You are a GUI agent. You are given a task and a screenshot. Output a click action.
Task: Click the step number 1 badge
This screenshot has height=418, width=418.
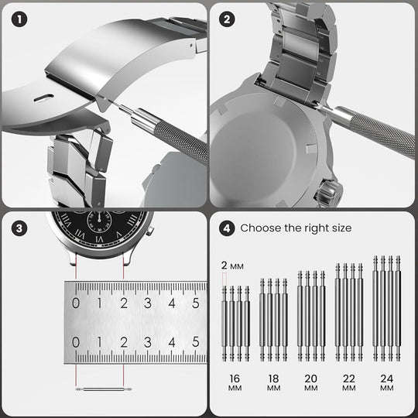pos(19,19)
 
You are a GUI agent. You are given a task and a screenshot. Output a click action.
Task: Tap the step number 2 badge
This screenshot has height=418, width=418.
pos(227,19)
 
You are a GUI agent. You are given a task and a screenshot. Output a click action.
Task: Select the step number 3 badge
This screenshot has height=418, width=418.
pos(19,228)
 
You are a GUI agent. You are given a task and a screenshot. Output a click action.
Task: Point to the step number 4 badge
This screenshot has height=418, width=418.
pos(227,228)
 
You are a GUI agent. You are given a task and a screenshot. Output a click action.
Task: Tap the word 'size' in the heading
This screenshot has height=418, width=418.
pos(342,228)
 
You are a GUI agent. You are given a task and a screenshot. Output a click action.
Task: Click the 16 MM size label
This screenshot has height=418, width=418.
pos(235,382)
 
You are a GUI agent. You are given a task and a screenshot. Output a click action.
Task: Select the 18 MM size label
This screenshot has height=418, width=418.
pos(273,382)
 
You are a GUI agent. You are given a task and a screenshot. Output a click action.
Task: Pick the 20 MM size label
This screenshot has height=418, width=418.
pos(311,382)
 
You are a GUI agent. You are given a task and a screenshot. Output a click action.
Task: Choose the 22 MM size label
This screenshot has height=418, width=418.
pos(348,382)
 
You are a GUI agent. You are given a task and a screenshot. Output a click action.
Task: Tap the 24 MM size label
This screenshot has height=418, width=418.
pos(387,382)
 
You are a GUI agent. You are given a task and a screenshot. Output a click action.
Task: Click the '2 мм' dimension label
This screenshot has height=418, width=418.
pos(232,266)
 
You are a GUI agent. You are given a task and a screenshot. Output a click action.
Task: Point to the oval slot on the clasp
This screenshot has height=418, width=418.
pos(44,98)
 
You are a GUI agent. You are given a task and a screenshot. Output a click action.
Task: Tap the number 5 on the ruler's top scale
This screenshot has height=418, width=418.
pos(196,303)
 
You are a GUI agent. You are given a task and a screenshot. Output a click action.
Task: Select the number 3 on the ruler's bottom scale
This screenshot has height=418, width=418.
pos(148,342)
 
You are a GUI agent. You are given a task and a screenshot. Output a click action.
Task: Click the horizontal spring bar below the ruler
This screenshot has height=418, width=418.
pos(104,389)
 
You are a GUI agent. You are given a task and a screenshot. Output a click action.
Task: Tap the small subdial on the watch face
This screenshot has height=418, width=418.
pos(99,221)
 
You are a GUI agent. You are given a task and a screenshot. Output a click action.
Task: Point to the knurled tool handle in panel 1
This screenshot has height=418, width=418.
pos(181,143)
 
